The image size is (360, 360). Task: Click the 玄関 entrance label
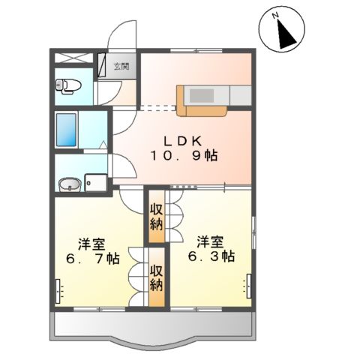tap(121, 67)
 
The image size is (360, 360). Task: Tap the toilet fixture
tap(68, 86)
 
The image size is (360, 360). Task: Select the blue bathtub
tap(66, 130)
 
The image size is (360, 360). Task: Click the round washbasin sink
tap(70, 184)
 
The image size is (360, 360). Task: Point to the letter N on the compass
tap(275, 16)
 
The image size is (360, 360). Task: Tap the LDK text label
tap(183, 142)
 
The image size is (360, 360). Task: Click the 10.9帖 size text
tap(184, 156)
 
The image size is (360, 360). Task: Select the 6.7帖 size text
tap(92, 259)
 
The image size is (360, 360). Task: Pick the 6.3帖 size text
tap(211, 256)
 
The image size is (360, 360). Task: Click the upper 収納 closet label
tap(156, 217)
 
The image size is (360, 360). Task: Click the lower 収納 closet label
tap(157, 278)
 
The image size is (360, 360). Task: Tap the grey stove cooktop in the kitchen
tap(202, 95)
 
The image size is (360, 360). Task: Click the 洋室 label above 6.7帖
tap(91, 244)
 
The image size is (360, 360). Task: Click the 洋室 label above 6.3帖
tap(210, 242)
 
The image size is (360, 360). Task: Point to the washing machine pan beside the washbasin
tap(96, 182)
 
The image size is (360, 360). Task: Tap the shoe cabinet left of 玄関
tap(101, 65)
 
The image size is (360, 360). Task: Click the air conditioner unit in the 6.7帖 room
tap(58, 292)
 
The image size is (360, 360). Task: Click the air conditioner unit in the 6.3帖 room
tap(249, 286)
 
